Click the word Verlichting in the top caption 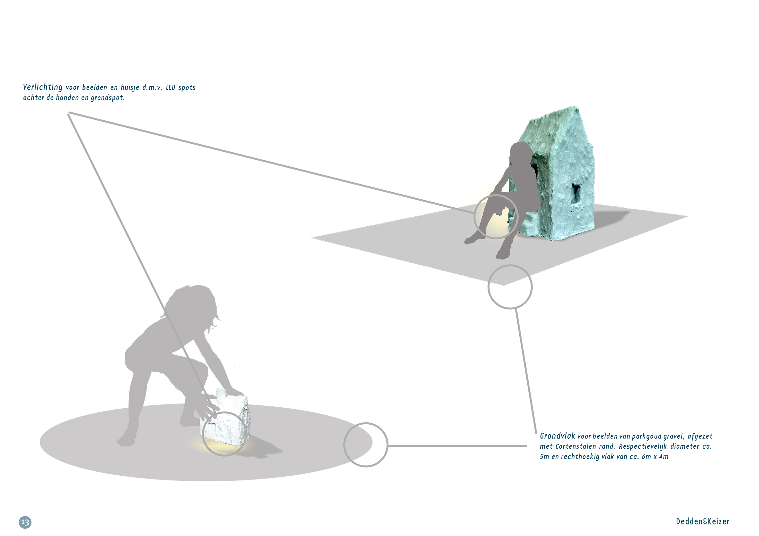(x=43, y=87)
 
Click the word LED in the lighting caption (x=170, y=88)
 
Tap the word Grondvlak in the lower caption (x=558, y=436)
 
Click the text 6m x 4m (x=655, y=457)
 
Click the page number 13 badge (x=25, y=522)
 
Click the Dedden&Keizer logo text (x=702, y=522)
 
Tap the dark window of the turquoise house (x=576, y=193)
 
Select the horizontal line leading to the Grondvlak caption (x=457, y=445)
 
